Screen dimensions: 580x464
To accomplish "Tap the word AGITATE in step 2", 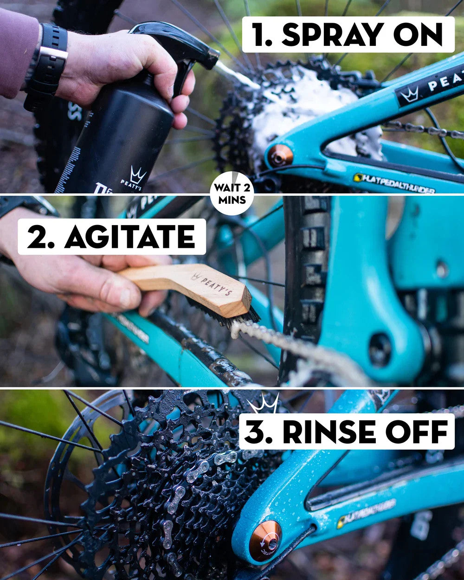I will point(130,237).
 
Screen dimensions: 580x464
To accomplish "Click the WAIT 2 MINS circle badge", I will point(232,193).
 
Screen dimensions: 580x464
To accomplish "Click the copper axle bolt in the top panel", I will point(280,155).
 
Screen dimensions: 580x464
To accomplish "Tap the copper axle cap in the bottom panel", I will point(265,540).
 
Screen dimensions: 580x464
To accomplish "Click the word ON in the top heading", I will point(420,34).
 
